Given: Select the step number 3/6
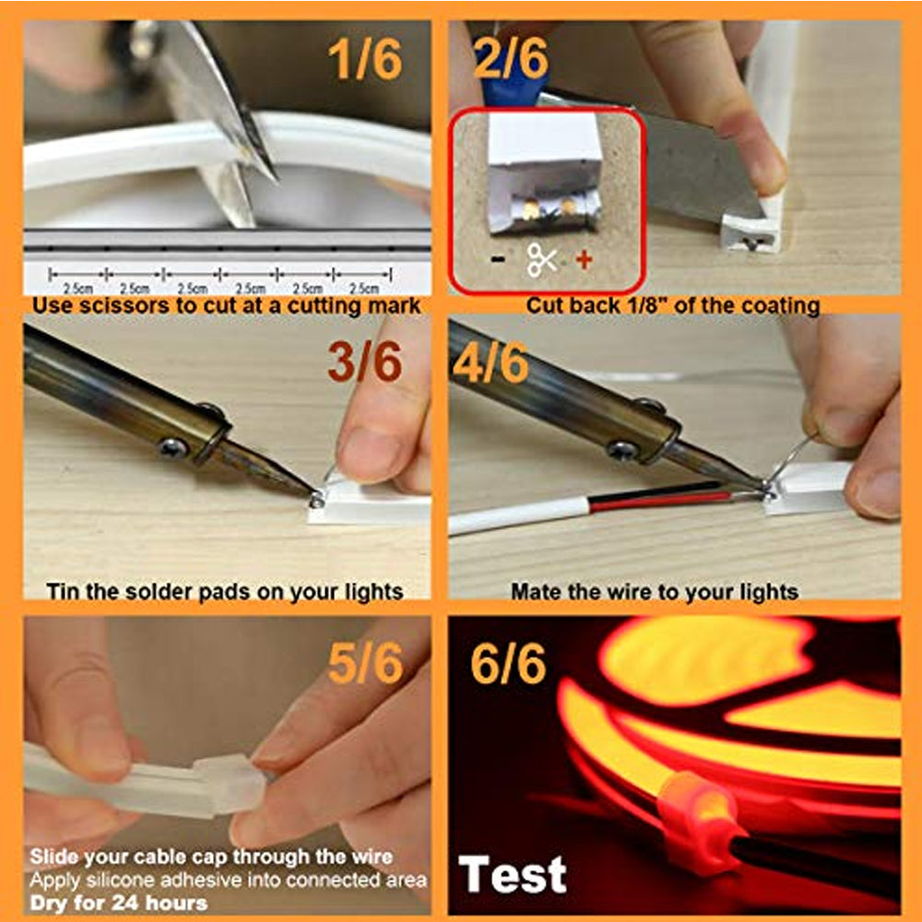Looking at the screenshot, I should pos(364,362).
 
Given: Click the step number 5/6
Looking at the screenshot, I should pos(364,664).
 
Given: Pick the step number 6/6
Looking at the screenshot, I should pos(507,664).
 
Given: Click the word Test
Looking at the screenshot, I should pos(514,873).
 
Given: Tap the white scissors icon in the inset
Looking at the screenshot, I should pos(541,260).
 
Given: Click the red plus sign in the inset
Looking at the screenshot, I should pos(584,260).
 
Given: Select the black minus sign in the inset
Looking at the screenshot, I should pos(498,260).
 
